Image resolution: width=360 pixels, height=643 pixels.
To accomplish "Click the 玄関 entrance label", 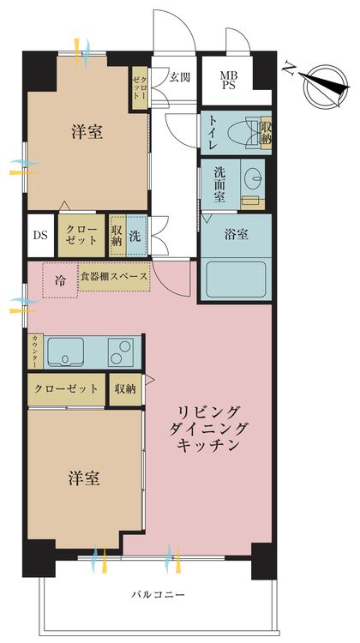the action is [180, 77].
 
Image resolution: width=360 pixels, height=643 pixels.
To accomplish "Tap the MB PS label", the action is [227, 81].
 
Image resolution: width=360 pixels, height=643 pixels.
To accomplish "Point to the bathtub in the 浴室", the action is [236, 279].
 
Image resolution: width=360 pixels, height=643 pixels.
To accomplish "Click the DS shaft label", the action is [40, 236].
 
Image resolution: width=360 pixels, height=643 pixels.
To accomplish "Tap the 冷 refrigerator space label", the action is [60, 281].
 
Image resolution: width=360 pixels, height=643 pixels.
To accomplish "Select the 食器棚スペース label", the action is [114, 276].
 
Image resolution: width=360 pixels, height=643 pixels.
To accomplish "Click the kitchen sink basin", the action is [66, 352].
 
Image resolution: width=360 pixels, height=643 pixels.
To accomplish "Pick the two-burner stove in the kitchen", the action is [121, 352].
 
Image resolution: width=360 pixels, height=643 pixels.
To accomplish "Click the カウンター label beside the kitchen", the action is [36, 351].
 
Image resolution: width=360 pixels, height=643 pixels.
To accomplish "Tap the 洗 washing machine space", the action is [135, 236].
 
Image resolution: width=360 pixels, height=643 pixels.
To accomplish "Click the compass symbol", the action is [326, 86].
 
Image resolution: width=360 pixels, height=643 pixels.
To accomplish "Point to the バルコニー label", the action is [159, 594].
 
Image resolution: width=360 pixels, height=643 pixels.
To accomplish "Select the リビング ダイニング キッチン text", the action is [208, 428].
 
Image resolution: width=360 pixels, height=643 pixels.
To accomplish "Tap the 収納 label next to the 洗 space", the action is [117, 236].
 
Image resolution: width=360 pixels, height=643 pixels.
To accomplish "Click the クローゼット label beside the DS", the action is [81, 236].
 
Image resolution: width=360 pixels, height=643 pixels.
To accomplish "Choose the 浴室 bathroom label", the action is [237, 235].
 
